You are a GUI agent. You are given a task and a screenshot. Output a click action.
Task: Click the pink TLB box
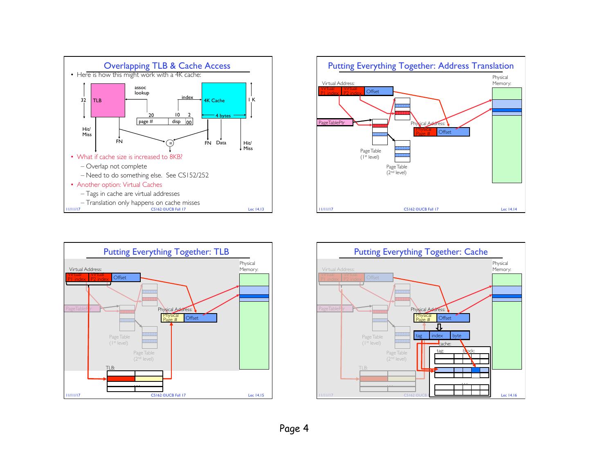108,100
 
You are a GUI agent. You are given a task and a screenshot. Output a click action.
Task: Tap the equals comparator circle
170,143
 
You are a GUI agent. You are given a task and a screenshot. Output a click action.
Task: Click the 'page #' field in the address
152,121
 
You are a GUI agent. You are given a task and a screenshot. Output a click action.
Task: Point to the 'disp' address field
176,121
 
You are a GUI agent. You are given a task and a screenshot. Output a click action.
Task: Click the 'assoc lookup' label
142,90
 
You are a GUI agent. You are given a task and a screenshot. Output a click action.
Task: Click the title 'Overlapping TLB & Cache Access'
167,66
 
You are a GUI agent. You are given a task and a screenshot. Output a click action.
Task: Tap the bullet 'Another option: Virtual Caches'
119,184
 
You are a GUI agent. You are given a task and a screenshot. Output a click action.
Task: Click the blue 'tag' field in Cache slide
421,336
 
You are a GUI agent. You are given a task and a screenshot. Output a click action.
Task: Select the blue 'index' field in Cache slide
439,336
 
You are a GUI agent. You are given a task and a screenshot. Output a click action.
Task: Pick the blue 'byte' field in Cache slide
459,336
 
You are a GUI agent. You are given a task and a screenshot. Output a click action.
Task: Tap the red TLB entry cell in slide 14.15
121,379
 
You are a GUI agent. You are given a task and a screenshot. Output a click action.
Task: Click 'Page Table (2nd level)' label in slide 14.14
396,170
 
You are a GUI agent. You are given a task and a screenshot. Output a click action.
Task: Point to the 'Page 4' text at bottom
294,428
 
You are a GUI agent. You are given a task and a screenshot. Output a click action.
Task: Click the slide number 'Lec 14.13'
256,210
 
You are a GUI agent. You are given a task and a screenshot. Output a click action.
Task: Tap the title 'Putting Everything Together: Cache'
420,252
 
